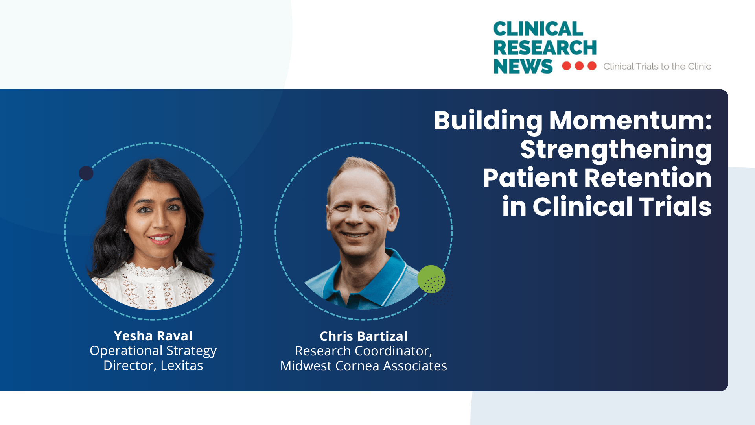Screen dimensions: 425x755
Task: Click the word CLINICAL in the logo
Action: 538,29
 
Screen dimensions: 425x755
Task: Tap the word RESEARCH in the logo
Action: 545,48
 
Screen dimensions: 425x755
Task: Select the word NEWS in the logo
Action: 523,66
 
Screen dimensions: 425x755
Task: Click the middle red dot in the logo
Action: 579,66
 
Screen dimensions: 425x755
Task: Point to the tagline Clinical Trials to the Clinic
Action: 657,67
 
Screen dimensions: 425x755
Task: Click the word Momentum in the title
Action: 630,120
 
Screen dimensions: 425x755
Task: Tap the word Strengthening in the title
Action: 616,150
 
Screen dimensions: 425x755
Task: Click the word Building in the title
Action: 488,120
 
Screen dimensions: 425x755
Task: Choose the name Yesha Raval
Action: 153,336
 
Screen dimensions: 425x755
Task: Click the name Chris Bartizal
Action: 363,336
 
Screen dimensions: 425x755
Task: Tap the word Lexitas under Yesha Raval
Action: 182,366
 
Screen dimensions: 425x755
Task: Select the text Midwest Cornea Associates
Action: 363,366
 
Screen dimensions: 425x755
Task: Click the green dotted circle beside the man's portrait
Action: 431,279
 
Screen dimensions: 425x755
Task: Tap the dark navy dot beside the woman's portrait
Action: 86,173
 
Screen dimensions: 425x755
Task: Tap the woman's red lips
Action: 160,238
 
